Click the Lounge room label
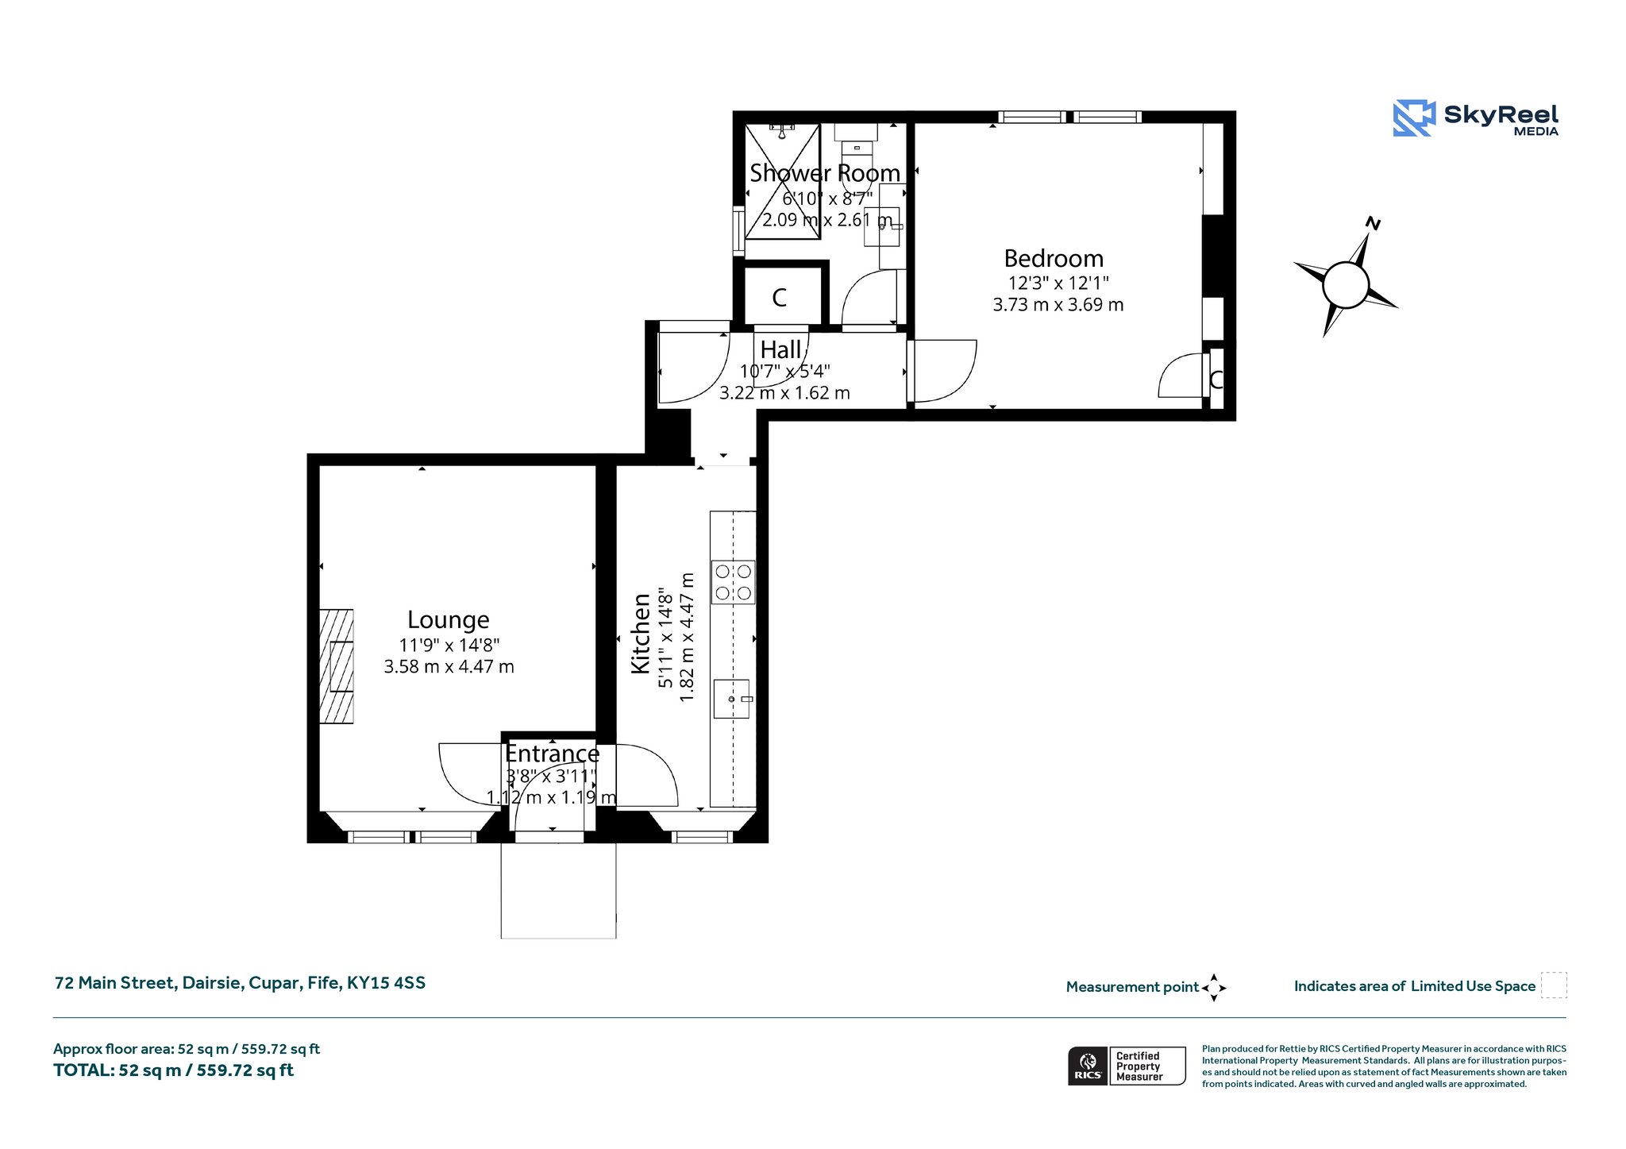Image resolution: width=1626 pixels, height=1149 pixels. pos(449,620)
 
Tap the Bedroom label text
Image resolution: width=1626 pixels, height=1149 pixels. pos(1054,259)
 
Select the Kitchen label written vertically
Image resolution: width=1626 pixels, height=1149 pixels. pos(641,634)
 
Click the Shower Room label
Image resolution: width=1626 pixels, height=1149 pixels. pos(825,173)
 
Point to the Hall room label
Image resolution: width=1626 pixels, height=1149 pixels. pos(781,350)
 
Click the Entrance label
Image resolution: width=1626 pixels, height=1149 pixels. pos(553,754)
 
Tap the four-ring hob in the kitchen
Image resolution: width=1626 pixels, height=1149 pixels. pos(733,582)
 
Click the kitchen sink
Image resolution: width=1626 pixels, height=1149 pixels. pos(732,699)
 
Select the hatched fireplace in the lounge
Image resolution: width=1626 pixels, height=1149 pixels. pos(337,666)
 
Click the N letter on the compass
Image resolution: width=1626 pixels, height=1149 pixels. pos(1373,224)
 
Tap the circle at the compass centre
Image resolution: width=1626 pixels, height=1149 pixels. pos(1347,284)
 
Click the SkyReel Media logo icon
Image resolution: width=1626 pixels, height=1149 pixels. pos(1414,118)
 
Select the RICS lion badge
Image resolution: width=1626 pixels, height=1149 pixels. pos(1088,1066)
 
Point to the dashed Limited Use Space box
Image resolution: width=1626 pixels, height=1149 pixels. pos(1554,985)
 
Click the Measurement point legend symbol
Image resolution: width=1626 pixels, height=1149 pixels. pos(1214,988)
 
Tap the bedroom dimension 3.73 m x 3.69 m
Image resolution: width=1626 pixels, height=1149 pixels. pos(1058,305)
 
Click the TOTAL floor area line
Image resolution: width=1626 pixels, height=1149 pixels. pos(173,1070)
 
